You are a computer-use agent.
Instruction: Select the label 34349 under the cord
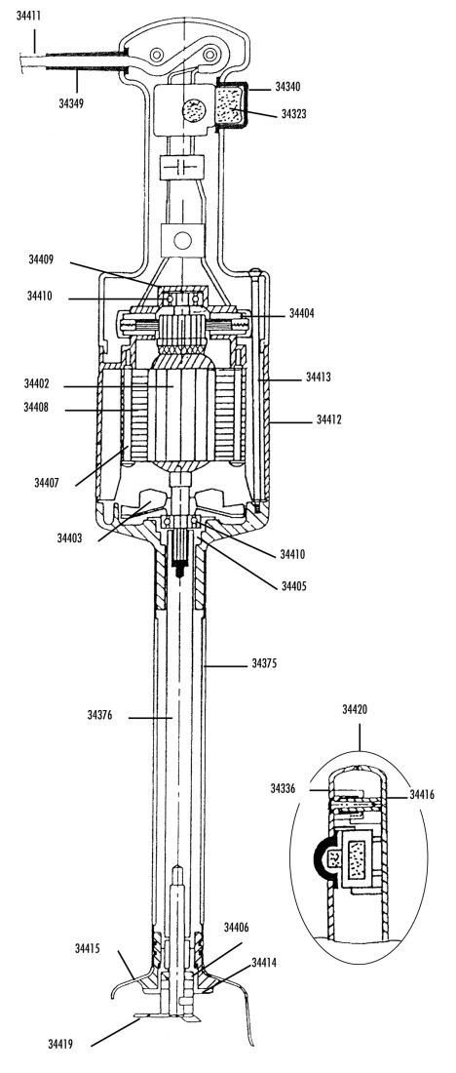[x=71, y=104]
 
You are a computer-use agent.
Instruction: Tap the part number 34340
[x=287, y=87]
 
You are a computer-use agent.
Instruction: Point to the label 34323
[x=294, y=113]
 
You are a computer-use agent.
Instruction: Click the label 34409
[x=41, y=259]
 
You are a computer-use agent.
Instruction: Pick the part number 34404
[x=302, y=313]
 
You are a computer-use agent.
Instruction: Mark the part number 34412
[x=328, y=418]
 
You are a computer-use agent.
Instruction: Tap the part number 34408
[x=36, y=408]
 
